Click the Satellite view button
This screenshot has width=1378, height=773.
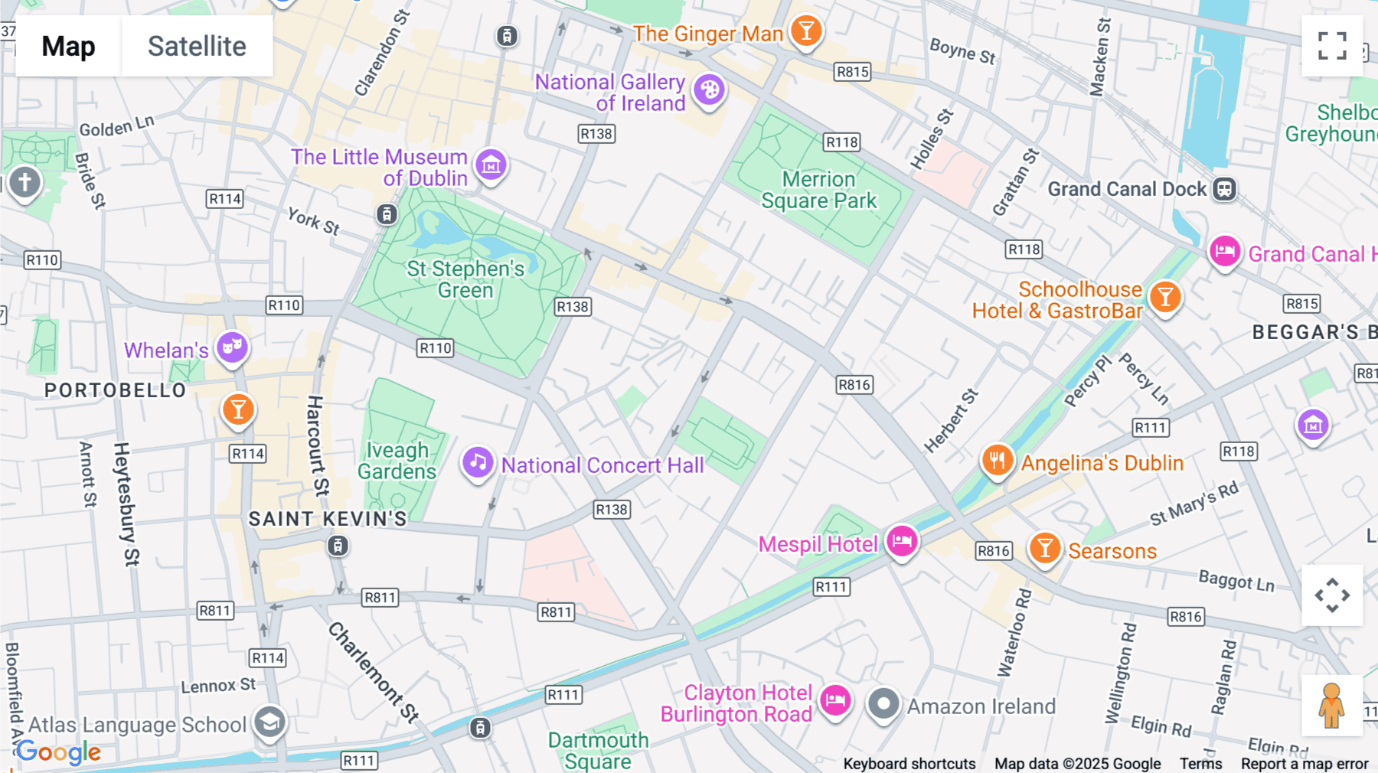[x=197, y=46]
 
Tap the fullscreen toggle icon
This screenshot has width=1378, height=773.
[x=1332, y=46]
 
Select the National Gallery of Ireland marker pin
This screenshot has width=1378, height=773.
[x=709, y=90]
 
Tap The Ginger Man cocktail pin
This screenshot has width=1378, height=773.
[x=805, y=31]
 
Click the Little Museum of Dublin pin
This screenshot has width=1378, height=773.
[x=491, y=165]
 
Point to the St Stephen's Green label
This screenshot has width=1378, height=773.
[x=465, y=279]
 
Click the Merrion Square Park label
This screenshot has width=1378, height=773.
[x=818, y=190]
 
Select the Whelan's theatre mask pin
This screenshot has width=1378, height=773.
[x=232, y=348]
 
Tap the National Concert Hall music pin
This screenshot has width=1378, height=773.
[x=478, y=462]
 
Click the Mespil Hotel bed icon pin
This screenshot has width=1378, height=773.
[x=902, y=541]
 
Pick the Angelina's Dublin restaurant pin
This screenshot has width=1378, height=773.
[x=997, y=461]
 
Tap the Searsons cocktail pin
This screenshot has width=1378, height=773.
[x=1044, y=549]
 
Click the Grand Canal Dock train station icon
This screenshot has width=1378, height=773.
[x=1224, y=189]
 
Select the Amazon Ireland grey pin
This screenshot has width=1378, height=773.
[x=883, y=703]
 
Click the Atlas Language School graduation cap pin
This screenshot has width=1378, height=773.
[x=269, y=722]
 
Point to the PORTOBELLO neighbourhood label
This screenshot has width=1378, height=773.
[x=116, y=390]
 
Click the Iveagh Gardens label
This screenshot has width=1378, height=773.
[x=397, y=461]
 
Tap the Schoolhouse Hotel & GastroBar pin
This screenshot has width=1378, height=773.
[x=1164, y=297]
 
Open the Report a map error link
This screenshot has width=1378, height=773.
[x=1304, y=764]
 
